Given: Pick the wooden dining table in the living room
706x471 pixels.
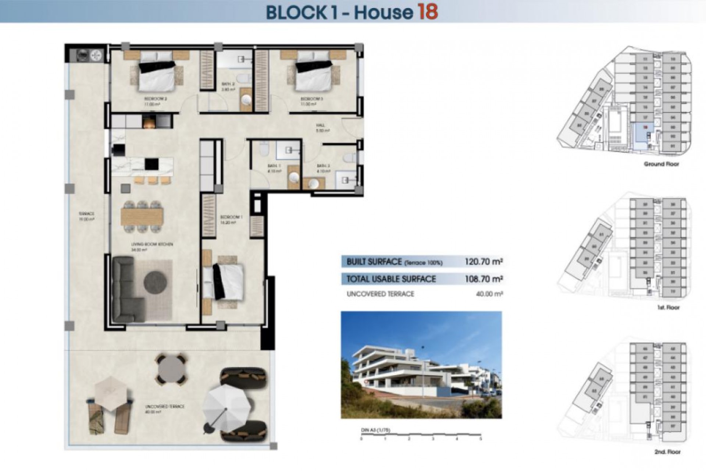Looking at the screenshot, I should pyautogui.click(x=142, y=217).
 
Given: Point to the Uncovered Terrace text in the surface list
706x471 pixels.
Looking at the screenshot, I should pyautogui.click(x=380, y=294).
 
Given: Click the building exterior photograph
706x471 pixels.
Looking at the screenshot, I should pyautogui.click(x=421, y=365).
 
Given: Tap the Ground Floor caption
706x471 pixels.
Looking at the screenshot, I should pyautogui.click(x=661, y=164).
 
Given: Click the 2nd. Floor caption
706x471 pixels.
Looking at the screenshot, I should pyautogui.click(x=667, y=451).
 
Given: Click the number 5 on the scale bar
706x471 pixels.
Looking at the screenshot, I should pyautogui.click(x=480, y=439).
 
